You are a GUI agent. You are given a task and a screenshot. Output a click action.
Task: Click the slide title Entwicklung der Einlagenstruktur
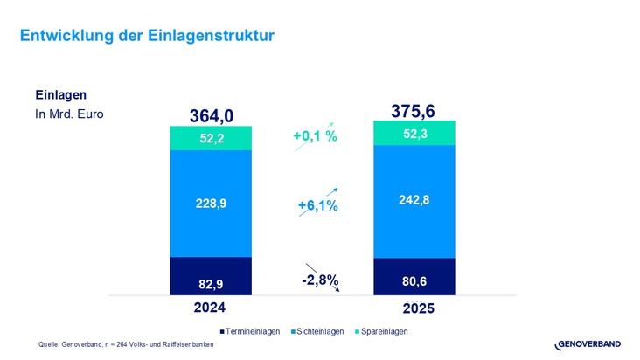tap(147, 36)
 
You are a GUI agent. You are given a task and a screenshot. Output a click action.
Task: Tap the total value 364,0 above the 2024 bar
tap(211, 115)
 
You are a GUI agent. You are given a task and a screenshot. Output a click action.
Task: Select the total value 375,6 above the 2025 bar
tap(414, 110)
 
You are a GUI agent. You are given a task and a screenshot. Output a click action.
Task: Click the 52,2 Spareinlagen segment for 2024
tap(211, 137)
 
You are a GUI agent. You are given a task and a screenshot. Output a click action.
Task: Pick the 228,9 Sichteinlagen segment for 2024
tap(211, 203)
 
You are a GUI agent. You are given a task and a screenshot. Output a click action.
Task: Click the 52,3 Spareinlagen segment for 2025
tap(414, 133)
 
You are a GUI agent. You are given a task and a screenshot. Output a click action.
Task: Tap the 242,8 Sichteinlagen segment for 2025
tap(414, 200)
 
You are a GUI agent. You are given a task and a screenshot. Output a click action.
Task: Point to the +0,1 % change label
tap(315, 137)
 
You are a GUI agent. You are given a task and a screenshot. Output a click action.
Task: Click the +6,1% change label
tap(317, 205)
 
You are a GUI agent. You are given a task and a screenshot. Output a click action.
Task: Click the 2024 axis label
tap(210, 308)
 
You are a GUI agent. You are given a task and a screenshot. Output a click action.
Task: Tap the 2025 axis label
tap(414, 308)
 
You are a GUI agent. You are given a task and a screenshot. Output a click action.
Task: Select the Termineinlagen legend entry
tap(254, 331)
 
